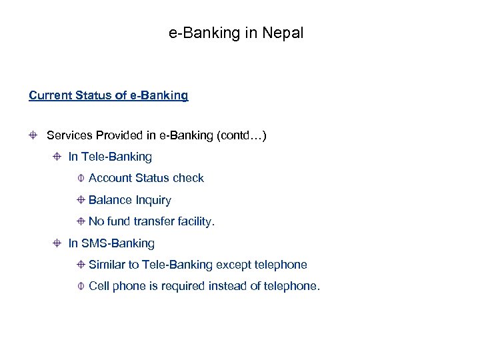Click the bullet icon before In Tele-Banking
click(58, 157)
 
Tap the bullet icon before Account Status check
click(80, 179)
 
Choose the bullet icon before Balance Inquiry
click(80, 200)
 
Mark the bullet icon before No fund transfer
click(80, 221)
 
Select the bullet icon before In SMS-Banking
click(58, 244)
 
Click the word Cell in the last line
click(99, 286)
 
